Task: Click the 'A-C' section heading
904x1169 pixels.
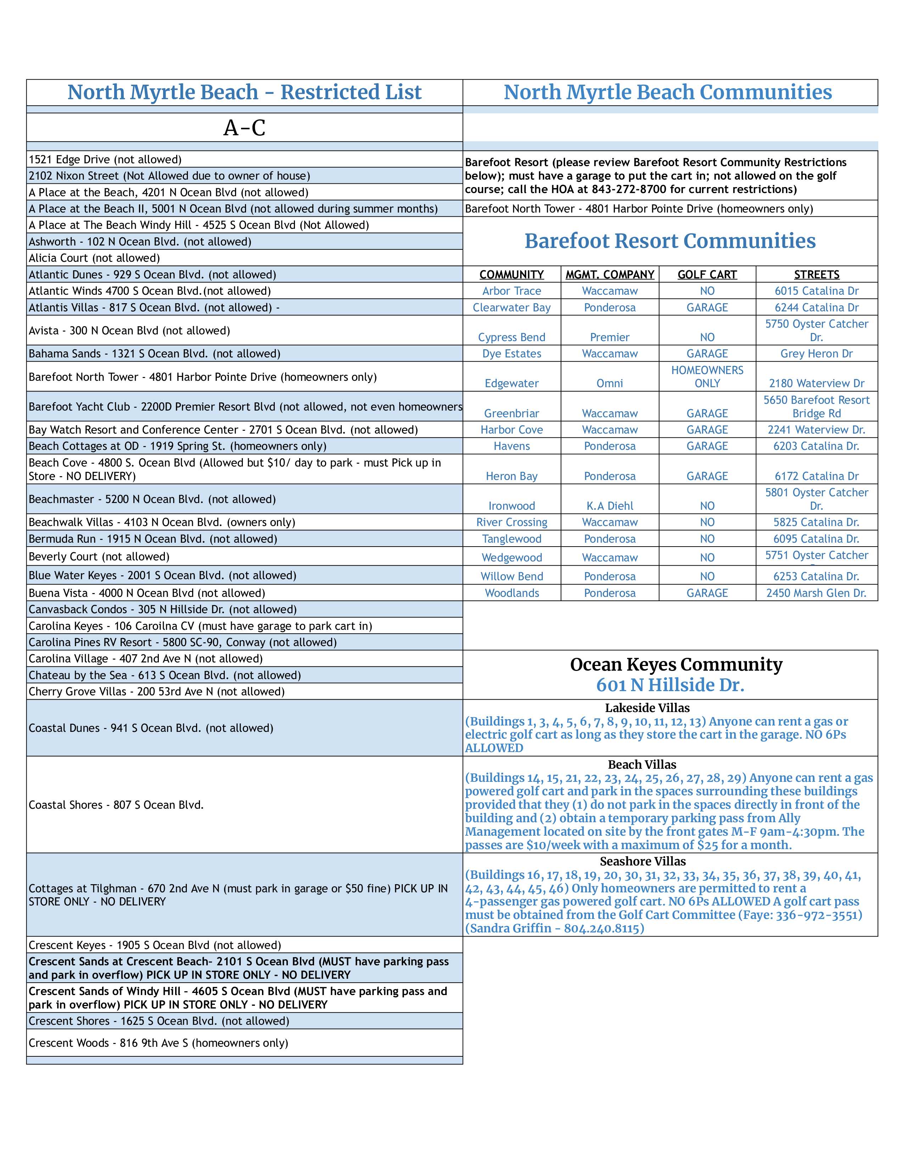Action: pos(244,128)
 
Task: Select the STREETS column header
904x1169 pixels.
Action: pos(816,275)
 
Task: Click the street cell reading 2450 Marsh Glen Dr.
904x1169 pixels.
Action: pos(816,593)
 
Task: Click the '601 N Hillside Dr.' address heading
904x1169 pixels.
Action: pos(670,685)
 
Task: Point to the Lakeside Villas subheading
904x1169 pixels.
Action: pos(647,708)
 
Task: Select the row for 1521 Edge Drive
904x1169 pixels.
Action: pos(105,159)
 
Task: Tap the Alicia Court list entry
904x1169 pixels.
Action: pos(94,258)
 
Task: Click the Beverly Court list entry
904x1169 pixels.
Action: pos(99,557)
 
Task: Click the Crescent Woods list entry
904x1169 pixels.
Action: pos(158,1043)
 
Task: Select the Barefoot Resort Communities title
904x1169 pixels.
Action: pos(670,241)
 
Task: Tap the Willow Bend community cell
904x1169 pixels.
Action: pos(512,576)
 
